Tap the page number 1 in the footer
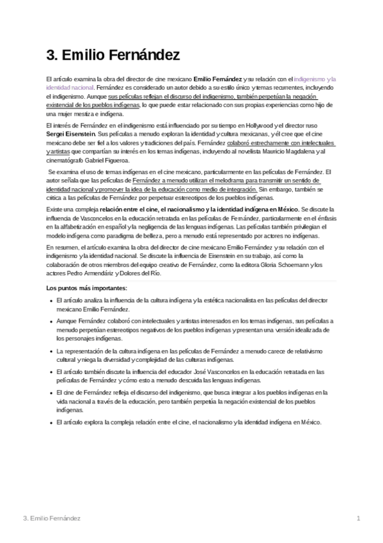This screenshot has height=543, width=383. [359, 517]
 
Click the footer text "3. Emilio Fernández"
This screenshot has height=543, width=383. [51, 517]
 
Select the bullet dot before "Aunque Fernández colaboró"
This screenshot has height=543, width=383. [51, 320]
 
